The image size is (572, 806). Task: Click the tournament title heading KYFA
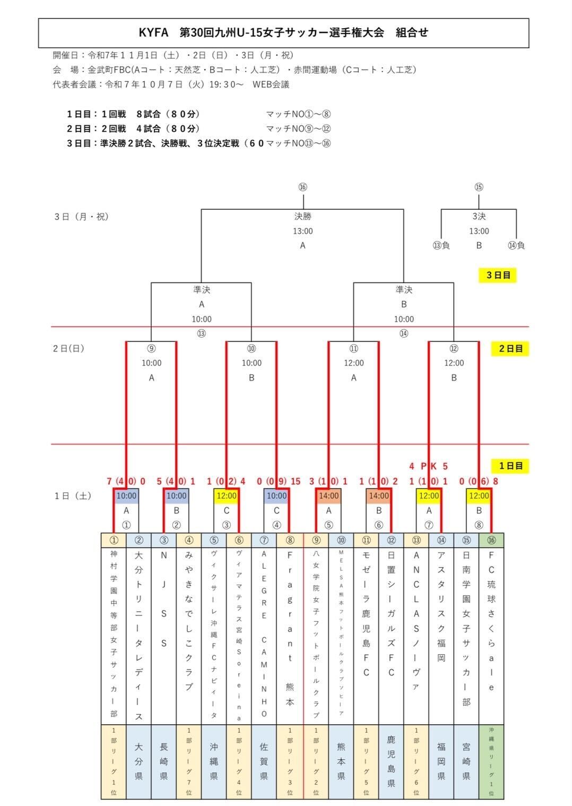pyautogui.click(x=283, y=32)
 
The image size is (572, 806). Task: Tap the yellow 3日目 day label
pyautogui.click(x=498, y=275)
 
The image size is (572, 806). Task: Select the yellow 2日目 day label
pyautogui.click(x=510, y=349)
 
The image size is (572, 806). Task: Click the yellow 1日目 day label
pyautogui.click(x=510, y=466)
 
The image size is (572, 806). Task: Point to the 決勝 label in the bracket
pyautogui.click(x=302, y=217)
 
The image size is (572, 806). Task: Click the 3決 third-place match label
pyautogui.click(x=479, y=217)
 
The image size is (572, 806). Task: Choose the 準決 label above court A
pyautogui.click(x=202, y=290)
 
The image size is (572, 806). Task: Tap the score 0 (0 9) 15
pyautogui.click(x=278, y=482)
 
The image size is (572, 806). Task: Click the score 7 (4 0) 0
pyautogui.click(x=126, y=482)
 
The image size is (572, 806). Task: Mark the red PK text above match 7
pyautogui.click(x=428, y=466)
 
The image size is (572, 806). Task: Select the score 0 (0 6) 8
pyautogui.click(x=479, y=482)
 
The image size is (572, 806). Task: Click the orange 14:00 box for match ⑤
pyautogui.click(x=328, y=496)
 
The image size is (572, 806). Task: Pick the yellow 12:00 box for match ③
pyautogui.click(x=227, y=496)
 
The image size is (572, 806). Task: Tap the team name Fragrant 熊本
pyautogui.click(x=290, y=629)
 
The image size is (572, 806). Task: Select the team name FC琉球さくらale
pyautogui.click(x=491, y=629)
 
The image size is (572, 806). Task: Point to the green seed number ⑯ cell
pyautogui.click(x=491, y=541)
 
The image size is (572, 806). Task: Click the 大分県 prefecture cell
pyautogui.click(x=139, y=761)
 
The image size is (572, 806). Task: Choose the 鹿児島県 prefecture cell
pyautogui.click(x=391, y=761)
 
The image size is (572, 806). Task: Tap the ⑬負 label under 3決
pyautogui.click(x=441, y=245)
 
